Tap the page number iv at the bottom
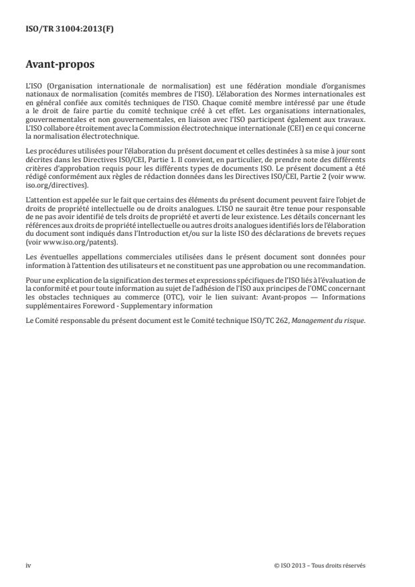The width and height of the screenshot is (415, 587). click(28, 565)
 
